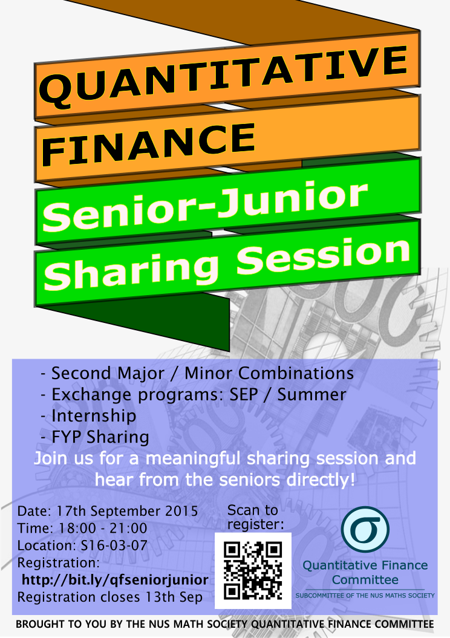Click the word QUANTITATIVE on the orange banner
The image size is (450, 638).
tap(223, 76)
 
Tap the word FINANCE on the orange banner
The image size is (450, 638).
tap(148, 143)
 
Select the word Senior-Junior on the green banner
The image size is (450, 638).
tap(205, 206)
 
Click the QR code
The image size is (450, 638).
tap(253, 570)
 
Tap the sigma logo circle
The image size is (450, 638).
tap(365, 529)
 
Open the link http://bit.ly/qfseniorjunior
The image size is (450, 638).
tap(115, 580)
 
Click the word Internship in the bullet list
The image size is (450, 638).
tap(94, 416)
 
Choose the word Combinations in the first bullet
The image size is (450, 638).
tap(296, 373)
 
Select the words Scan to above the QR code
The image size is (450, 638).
tap(253, 510)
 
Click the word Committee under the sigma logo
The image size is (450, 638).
tap(365, 579)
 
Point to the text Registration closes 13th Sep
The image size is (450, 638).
tap(110, 597)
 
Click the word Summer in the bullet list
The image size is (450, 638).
tap(311, 394)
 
